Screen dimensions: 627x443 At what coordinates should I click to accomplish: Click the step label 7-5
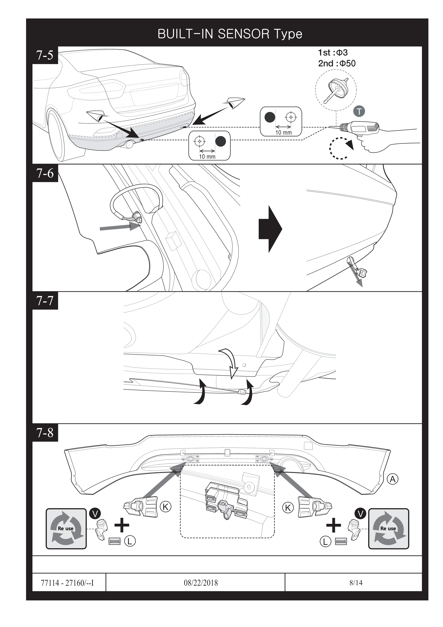(x=45, y=55)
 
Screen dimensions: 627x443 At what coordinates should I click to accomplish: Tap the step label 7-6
(x=45, y=173)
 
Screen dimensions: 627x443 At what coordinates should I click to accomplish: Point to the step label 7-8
(x=45, y=433)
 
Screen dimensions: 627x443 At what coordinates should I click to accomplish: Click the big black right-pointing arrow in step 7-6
(x=270, y=229)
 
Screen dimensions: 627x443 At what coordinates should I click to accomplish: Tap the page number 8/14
(x=356, y=582)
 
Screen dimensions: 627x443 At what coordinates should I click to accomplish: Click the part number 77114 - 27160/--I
(x=67, y=583)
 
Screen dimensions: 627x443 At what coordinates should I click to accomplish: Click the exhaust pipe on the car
(x=129, y=144)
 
